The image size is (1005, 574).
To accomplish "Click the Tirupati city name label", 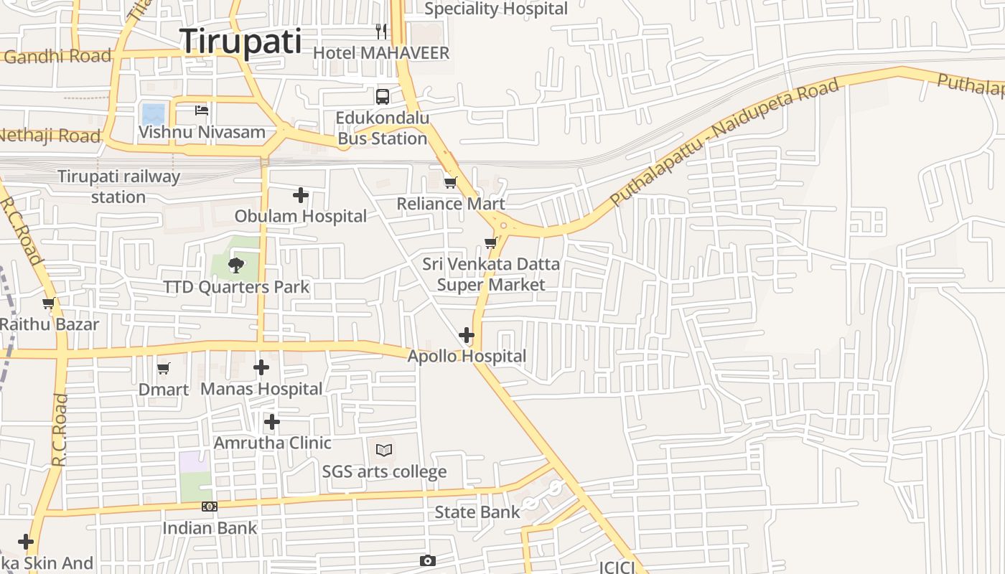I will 240,41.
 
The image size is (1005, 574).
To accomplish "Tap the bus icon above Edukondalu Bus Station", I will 383,96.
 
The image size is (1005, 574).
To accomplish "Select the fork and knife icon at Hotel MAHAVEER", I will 381,32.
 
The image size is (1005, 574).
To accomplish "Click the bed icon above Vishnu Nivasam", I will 202,110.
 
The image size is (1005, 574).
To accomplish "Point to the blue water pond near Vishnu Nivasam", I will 154,114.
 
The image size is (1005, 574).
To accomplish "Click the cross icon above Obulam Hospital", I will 301,194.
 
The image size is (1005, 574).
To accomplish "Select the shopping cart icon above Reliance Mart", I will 450,182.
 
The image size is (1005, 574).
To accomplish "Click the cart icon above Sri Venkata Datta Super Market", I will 491,243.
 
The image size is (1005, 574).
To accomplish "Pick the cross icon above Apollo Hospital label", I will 467,335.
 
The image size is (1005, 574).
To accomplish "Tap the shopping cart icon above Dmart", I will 164,369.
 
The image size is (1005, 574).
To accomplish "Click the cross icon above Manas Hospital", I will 261,368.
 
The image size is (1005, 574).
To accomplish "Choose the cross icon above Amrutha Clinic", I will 272,422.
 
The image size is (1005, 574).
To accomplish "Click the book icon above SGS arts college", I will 384,451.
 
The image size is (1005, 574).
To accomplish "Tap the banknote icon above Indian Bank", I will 209,507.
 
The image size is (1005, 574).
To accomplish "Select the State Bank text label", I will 477,512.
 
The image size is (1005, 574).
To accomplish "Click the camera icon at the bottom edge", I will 428,560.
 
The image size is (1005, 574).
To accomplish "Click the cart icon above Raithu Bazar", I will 49,304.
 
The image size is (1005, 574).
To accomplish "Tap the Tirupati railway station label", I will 118,187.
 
